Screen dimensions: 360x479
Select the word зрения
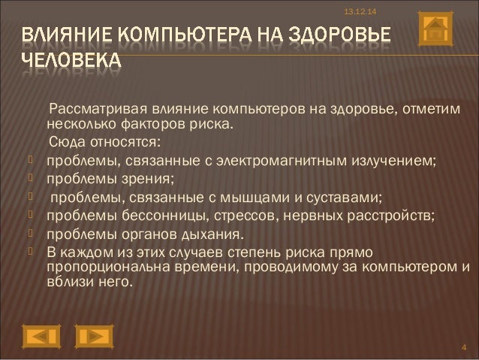pos(146,179)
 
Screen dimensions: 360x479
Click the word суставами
pos(345,198)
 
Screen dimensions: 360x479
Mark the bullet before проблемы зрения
pos(30,179)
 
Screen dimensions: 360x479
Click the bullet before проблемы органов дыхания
pos(30,236)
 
